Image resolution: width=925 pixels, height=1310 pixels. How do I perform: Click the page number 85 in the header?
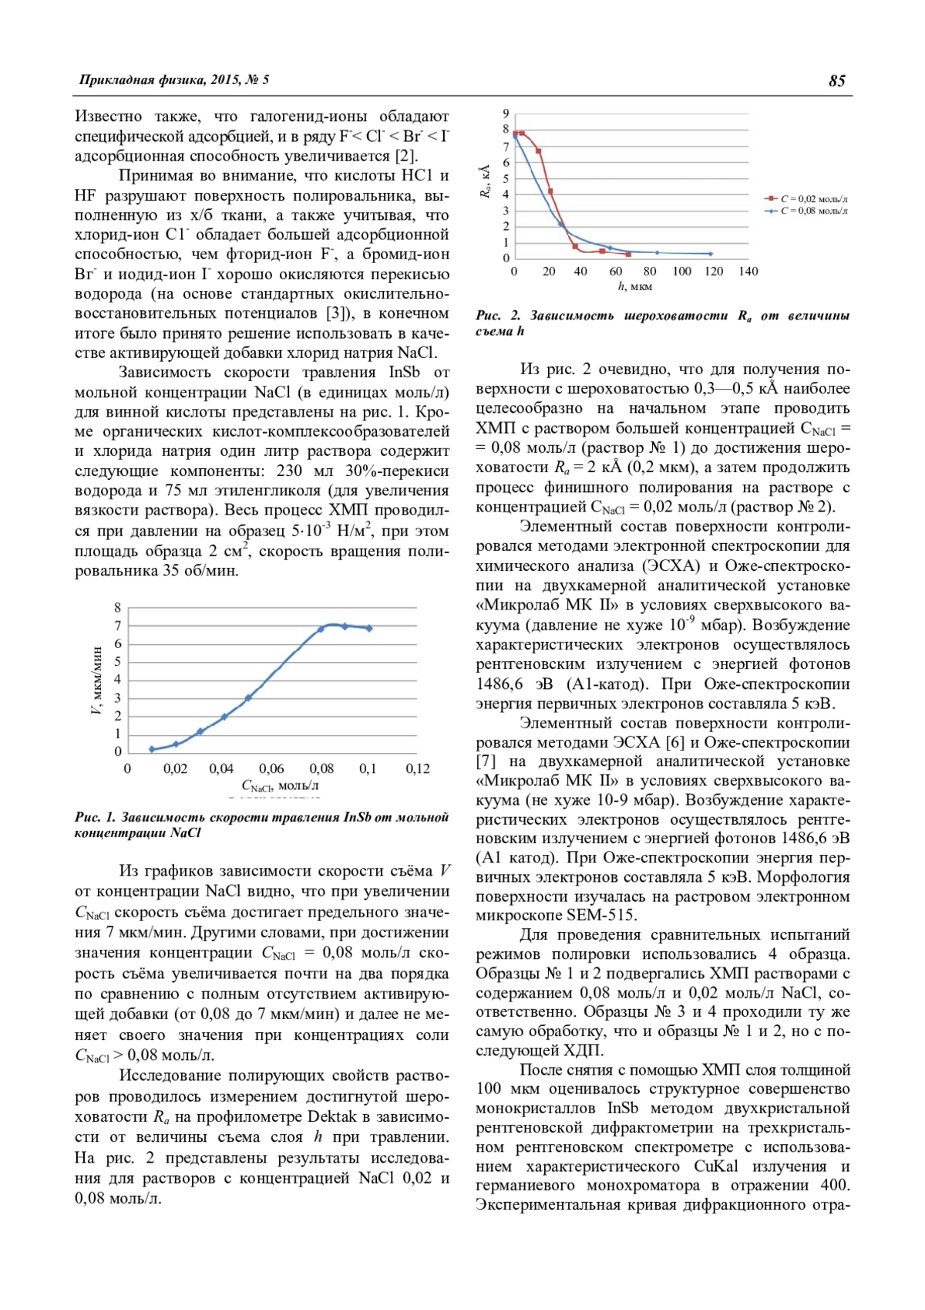tap(836, 81)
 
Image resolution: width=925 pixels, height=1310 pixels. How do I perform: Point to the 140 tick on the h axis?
tap(748, 272)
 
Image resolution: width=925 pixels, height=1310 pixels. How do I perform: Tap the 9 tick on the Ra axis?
tap(506, 114)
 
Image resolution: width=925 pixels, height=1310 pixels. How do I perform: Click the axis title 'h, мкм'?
tap(634, 286)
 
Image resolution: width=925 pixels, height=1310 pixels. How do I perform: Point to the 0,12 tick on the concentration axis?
tap(418, 768)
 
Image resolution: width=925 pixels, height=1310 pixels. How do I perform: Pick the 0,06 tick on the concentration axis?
tap(271, 768)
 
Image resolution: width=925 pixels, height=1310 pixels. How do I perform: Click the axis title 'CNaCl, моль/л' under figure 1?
tap(280, 785)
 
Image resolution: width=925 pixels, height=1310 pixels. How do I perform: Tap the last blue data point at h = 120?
tap(710, 254)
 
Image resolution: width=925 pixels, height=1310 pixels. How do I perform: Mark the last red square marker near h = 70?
tap(628, 254)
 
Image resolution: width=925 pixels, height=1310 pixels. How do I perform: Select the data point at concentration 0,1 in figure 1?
tap(369, 628)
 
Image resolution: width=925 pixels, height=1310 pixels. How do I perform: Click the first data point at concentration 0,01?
tap(152, 749)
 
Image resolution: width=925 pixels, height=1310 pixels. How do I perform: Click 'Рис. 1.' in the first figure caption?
tap(95, 817)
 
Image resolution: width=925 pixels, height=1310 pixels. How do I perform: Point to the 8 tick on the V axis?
tap(118, 608)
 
